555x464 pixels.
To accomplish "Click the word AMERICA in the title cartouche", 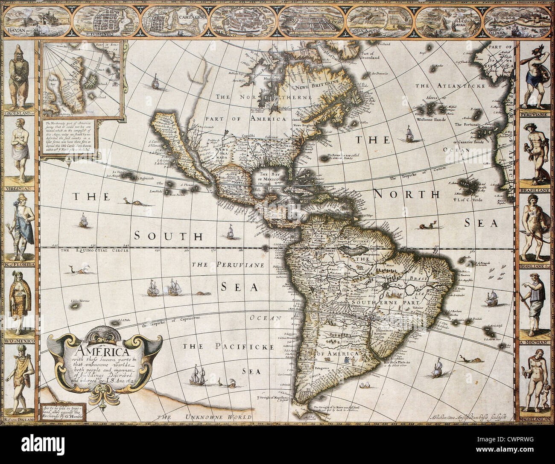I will (98, 353).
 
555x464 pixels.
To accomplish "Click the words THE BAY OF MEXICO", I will (273, 177).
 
